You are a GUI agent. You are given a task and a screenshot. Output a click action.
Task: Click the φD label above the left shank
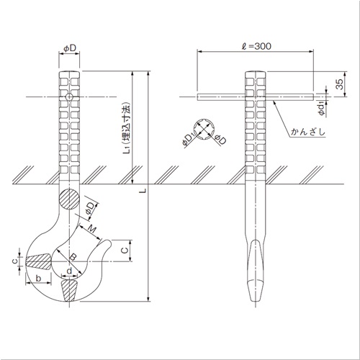coord(69,48)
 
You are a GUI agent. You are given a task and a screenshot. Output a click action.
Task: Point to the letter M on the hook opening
coord(94,229)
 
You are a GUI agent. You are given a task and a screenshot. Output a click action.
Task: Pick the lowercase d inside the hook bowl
coord(68,271)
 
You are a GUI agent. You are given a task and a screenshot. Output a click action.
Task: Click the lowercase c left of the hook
coord(14,259)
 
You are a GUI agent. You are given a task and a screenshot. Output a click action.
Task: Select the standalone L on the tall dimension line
coord(143,190)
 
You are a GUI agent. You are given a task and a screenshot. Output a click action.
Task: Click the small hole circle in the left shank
coord(68,97)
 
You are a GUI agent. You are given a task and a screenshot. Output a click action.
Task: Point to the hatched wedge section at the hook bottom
coord(71,291)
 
